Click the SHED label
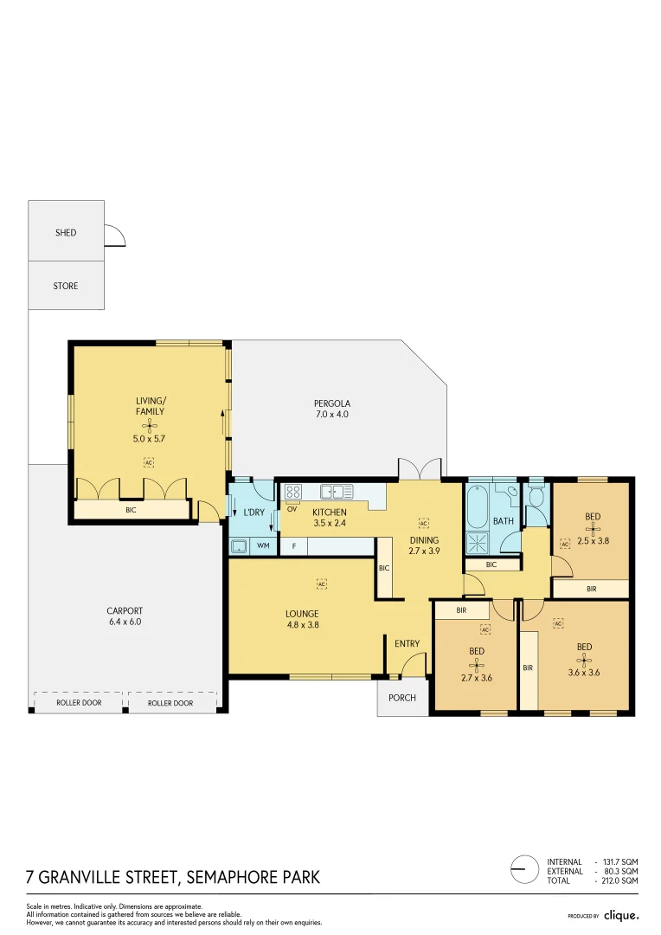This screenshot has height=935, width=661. (x=66, y=233)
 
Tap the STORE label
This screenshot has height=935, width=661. (x=66, y=286)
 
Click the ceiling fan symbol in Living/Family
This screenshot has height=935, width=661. (x=150, y=425)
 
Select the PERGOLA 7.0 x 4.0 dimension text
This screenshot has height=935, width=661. (x=331, y=416)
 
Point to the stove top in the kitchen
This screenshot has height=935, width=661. (x=292, y=492)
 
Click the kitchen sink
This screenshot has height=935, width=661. (x=337, y=492)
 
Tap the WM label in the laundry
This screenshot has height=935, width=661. (x=263, y=546)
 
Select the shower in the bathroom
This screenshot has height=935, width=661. (x=477, y=543)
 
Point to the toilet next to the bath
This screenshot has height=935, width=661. (x=536, y=497)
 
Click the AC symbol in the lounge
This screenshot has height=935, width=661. (x=322, y=584)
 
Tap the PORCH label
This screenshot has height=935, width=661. (x=402, y=698)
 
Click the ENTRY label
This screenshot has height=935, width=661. (x=407, y=643)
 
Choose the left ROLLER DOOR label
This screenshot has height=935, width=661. (x=79, y=703)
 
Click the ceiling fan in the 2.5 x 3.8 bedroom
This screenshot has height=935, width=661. (x=592, y=529)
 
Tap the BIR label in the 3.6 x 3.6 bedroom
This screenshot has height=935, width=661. (x=528, y=667)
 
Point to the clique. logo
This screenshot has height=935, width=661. (x=620, y=915)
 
